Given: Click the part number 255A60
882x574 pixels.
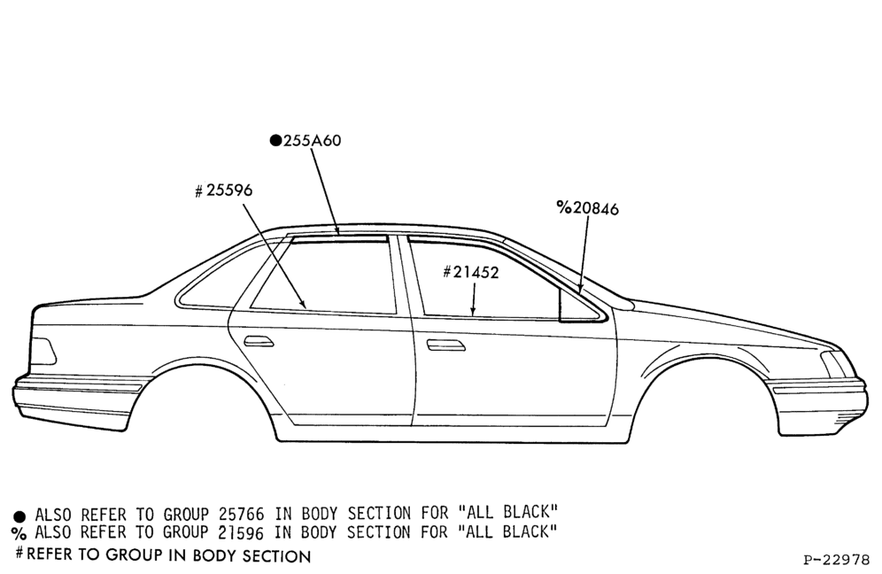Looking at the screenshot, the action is click(312, 141).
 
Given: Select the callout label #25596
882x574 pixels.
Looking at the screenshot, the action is click(223, 190).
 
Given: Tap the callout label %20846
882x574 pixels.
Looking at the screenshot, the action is click(587, 208).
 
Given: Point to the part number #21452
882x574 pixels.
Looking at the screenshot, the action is click(471, 272).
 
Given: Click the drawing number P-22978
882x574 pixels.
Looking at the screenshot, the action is click(837, 560).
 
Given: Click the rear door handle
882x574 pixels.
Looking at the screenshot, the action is click(259, 341).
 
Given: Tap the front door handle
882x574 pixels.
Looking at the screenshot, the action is click(445, 345).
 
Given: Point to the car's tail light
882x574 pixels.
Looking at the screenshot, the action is click(43, 351).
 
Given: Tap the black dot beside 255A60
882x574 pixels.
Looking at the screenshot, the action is click(275, 141).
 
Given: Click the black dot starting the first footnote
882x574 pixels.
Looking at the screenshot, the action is click(19, 516).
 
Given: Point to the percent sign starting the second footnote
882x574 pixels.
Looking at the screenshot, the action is click(19, 533).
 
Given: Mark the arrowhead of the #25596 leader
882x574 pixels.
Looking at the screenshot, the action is click(303, 303).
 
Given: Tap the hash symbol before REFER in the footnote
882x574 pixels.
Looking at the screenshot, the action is click(19, 553).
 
